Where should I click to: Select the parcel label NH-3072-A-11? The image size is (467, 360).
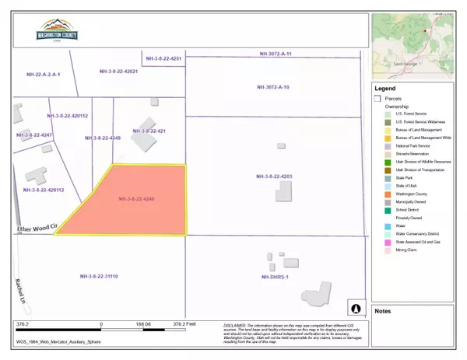(276, 54)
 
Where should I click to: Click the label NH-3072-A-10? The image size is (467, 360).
(274, 88)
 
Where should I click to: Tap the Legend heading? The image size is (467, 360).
(387, 88)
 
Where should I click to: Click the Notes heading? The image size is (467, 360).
(384, 311)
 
